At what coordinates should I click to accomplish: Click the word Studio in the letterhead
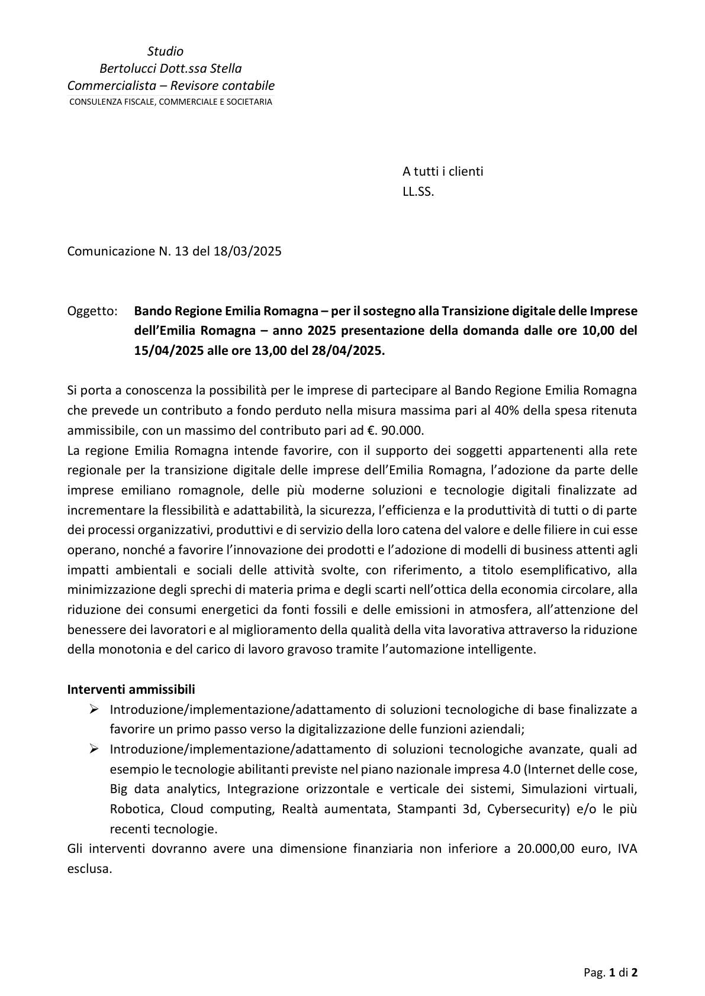tap(165, 51)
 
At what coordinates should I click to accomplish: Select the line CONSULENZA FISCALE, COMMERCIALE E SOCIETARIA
tap(170, 102)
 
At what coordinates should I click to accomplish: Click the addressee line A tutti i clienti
tap(443, 172)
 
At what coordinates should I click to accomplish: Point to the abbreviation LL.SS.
tap(418, 192)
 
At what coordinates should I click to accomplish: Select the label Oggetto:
tap(92, 311)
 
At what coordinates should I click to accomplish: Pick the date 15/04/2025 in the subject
tap(168, 350)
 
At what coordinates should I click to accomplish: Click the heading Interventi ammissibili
tap(131, 690)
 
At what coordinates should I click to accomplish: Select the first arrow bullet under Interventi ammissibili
tap(94, 709)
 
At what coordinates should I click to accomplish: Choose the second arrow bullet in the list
tap(94, 749)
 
